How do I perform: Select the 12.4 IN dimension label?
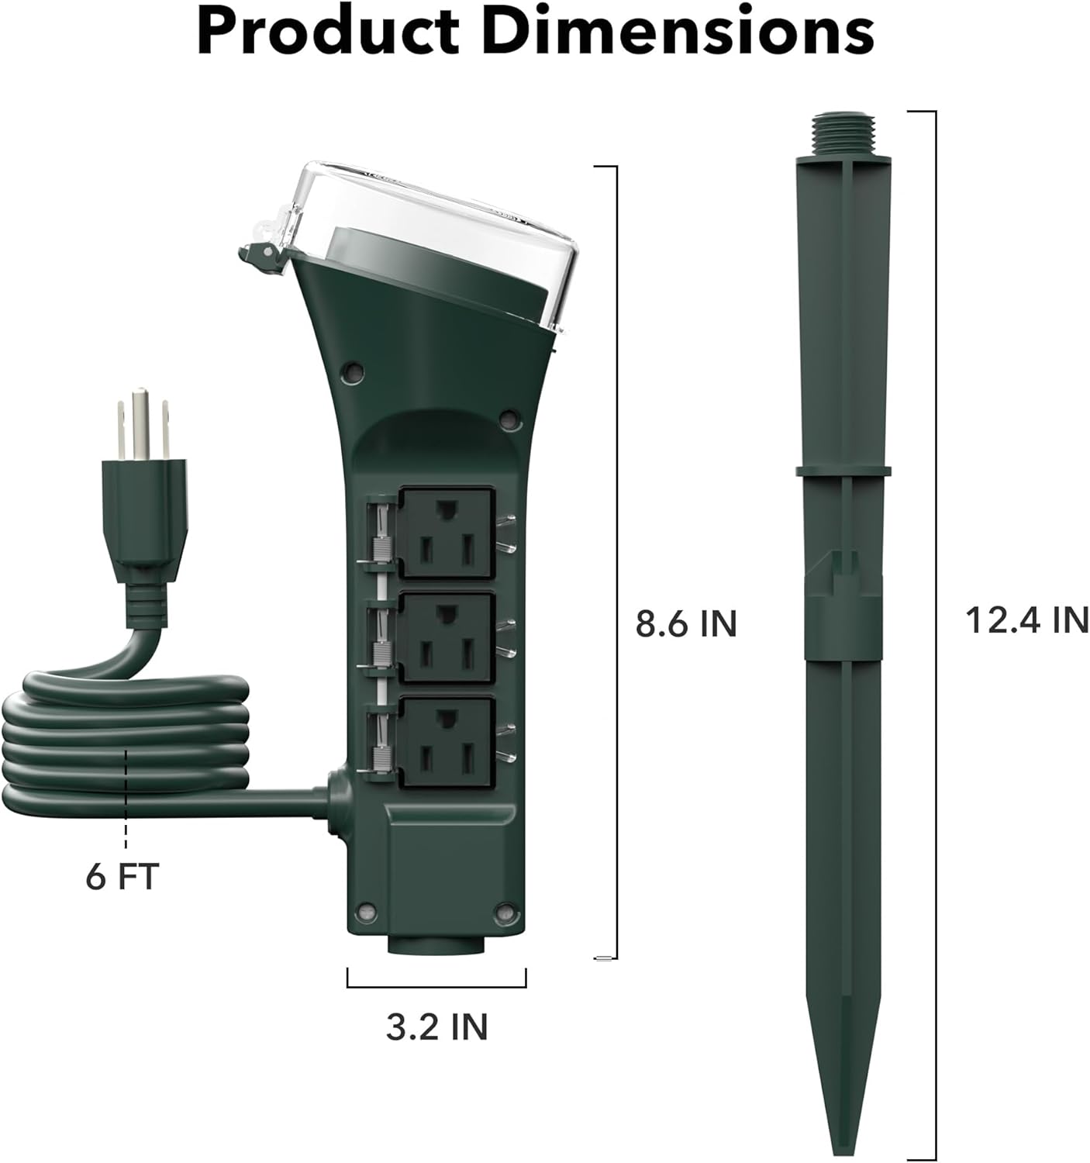tap(1026, 620)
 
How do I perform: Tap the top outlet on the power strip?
tap(445, 532)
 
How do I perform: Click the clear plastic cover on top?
tap(434, 217)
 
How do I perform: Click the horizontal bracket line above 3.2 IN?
tap(436, 987)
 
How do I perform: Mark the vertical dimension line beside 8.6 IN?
tap(616, 562)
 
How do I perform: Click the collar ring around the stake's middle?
tap(843, 470)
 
